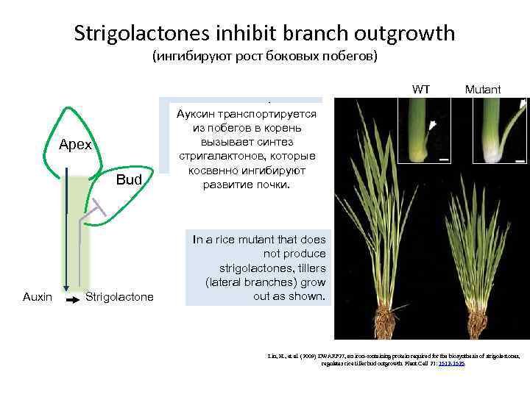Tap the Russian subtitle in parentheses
point(264,57)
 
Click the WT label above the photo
point(421,90)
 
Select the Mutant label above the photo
point(482,90)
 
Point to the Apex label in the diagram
point(75,145)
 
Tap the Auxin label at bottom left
point(38,297)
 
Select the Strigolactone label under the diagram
point(120,297)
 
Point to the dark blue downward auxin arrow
point(66,235)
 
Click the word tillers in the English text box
point(314,267)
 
